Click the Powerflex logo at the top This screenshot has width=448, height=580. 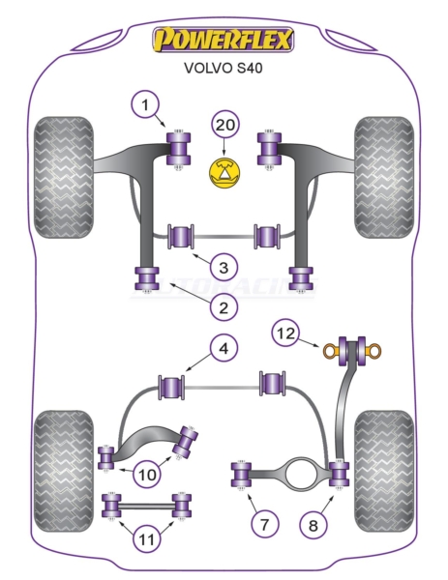pyautogui.click(x=224, y=40)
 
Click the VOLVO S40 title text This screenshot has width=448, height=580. pyautogui.click(x=223, y=68)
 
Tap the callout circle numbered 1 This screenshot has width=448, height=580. pyautogui.click(x=145, y=104)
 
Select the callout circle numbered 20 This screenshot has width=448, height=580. pyautogui.click(x=225, y=125)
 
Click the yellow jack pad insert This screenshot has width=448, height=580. pyautogui.click(x=224, y=173)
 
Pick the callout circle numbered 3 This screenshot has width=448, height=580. pyautogui.click(x=224, y=267)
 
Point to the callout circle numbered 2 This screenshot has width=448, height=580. pyautogui.click(x=224, y=307)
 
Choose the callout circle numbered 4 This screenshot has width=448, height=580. pyautogui.click(x=224, y=348)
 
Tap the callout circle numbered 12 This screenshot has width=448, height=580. pyautogui.click(x=286, y=333)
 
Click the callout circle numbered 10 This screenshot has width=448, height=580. pyautogui.click(x=147, y=474)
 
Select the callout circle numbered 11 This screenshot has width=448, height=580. pyautogui.click(x=146, y=539)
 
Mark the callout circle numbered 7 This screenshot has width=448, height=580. pyautogui.click(x=264, y=524)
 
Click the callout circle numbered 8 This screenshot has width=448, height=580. pyautogui.click(x=314, y=525)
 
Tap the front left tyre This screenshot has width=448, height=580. pyautogui.click(x=63, y=177)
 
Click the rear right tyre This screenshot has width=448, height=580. pyautogui.click(x=384, y=471)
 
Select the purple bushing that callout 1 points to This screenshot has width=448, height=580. pyautogui.click(x=178, y=149)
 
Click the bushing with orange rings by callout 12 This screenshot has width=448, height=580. pyautogui.click(x=352, y=351)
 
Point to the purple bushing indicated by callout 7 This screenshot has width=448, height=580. pyautogui.click(x=241, y=475)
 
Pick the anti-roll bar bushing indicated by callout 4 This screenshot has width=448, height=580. pyautogui.click(x=171, y=387)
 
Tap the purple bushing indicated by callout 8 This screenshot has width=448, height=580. pyautogui.click(x=340, y=475)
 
